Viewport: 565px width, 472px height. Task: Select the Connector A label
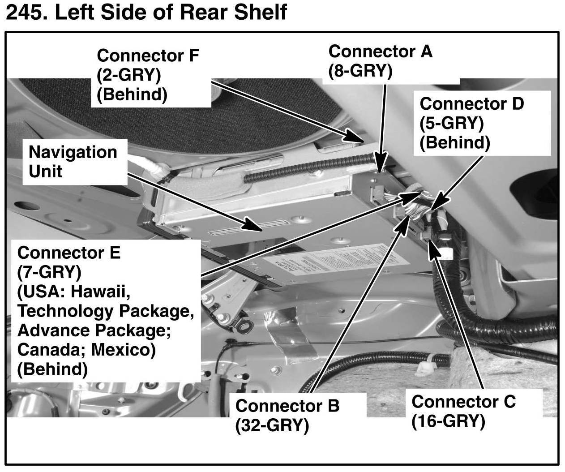pyautogui.click(x=380, y=51)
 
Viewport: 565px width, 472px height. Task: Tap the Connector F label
pyautogui.click(x=147, y=56)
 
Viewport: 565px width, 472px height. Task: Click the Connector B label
pyautogui.click(x=287, y=406)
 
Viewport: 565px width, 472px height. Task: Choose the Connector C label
pyautogui.click(x=463, y=401)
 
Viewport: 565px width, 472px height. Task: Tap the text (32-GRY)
pyautogui.click(x=272, y=425)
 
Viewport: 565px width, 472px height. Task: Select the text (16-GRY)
pyautogui.click(x=448, y=421)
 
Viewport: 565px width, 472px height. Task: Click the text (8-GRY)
pyautogui.click(x=360, y=71)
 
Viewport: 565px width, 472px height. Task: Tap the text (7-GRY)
pyautogui.click(x=49, y=272)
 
